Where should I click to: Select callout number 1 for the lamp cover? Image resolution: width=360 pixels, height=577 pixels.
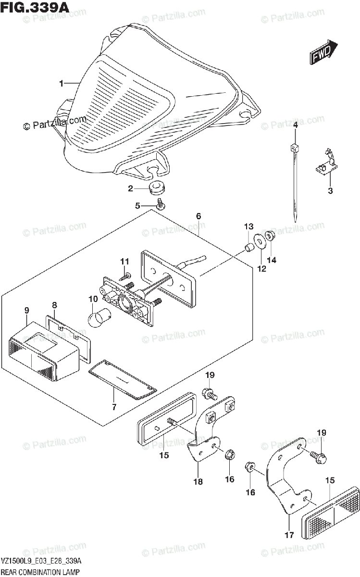point(61,84)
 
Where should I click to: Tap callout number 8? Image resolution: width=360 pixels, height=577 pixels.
point(54,304)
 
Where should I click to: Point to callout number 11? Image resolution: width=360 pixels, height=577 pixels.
point(125,261)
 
